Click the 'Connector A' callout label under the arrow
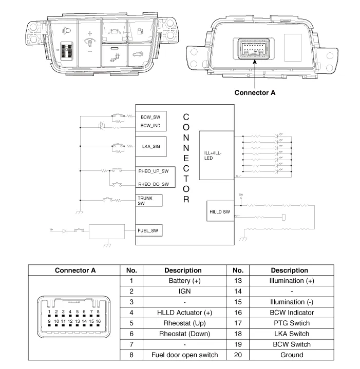coord(255,93)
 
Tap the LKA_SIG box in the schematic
coord(150,147)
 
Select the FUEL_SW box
coord(148,231)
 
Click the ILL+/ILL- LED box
coord(216,155)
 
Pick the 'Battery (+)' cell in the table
coord(184,281)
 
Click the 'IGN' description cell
coord(184,292)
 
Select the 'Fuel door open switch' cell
coord(184,355)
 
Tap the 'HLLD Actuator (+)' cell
coord(184,313)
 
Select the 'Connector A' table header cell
coord(75,270)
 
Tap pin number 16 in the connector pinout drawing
coord(98,321)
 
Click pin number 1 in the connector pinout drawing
coord(49,312)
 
